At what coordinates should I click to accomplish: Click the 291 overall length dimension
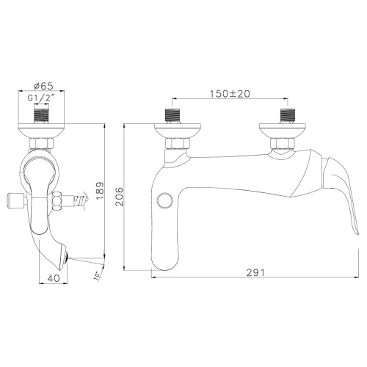pos(255,272)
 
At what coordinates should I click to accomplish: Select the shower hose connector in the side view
pos(79,198)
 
